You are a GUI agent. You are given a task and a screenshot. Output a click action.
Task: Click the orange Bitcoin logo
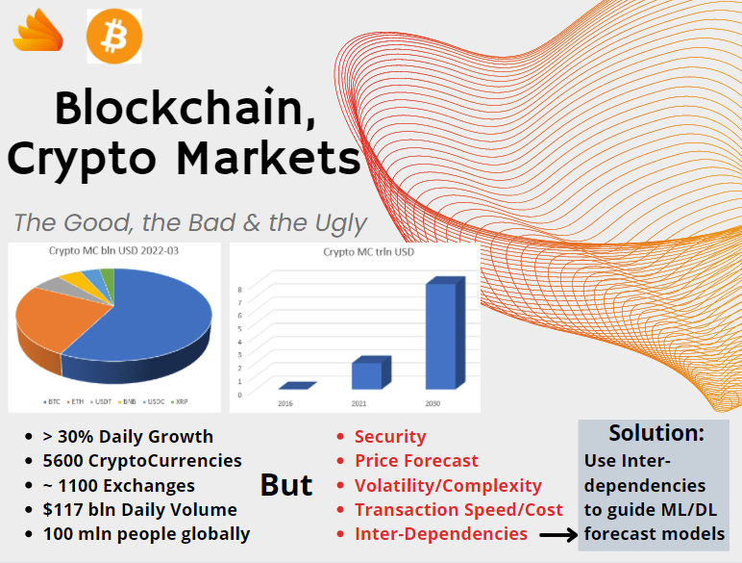pyautogui.click(x=113, y=36)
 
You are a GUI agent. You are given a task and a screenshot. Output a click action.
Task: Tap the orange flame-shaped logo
pyautogui.click(x=37, y=35)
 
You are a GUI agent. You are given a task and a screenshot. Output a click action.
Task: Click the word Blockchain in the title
pyautogui.click(x=185, y=108)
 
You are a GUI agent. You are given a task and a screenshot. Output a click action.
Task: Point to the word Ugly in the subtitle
pyautogui.click(x=336, y=223)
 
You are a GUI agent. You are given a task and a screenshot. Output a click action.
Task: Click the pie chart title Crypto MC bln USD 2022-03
pyautogui.click(x=114, y=251)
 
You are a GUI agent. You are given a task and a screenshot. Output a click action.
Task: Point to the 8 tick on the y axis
pyautogui.click(x=238, y=287)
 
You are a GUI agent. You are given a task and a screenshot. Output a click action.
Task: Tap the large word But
pyautogui.click(x=286, y=484)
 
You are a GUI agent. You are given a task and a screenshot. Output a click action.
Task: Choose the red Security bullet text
pyautogui.click(x=389, y=437)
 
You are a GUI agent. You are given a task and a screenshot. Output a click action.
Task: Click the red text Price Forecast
pyautogui.click(x=415, y=461)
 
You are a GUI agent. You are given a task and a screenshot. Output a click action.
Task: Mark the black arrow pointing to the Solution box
pyautogui.click(x=555, y=534)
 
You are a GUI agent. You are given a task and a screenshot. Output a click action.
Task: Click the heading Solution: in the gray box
pyautogui.click(x=656, y=433)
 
